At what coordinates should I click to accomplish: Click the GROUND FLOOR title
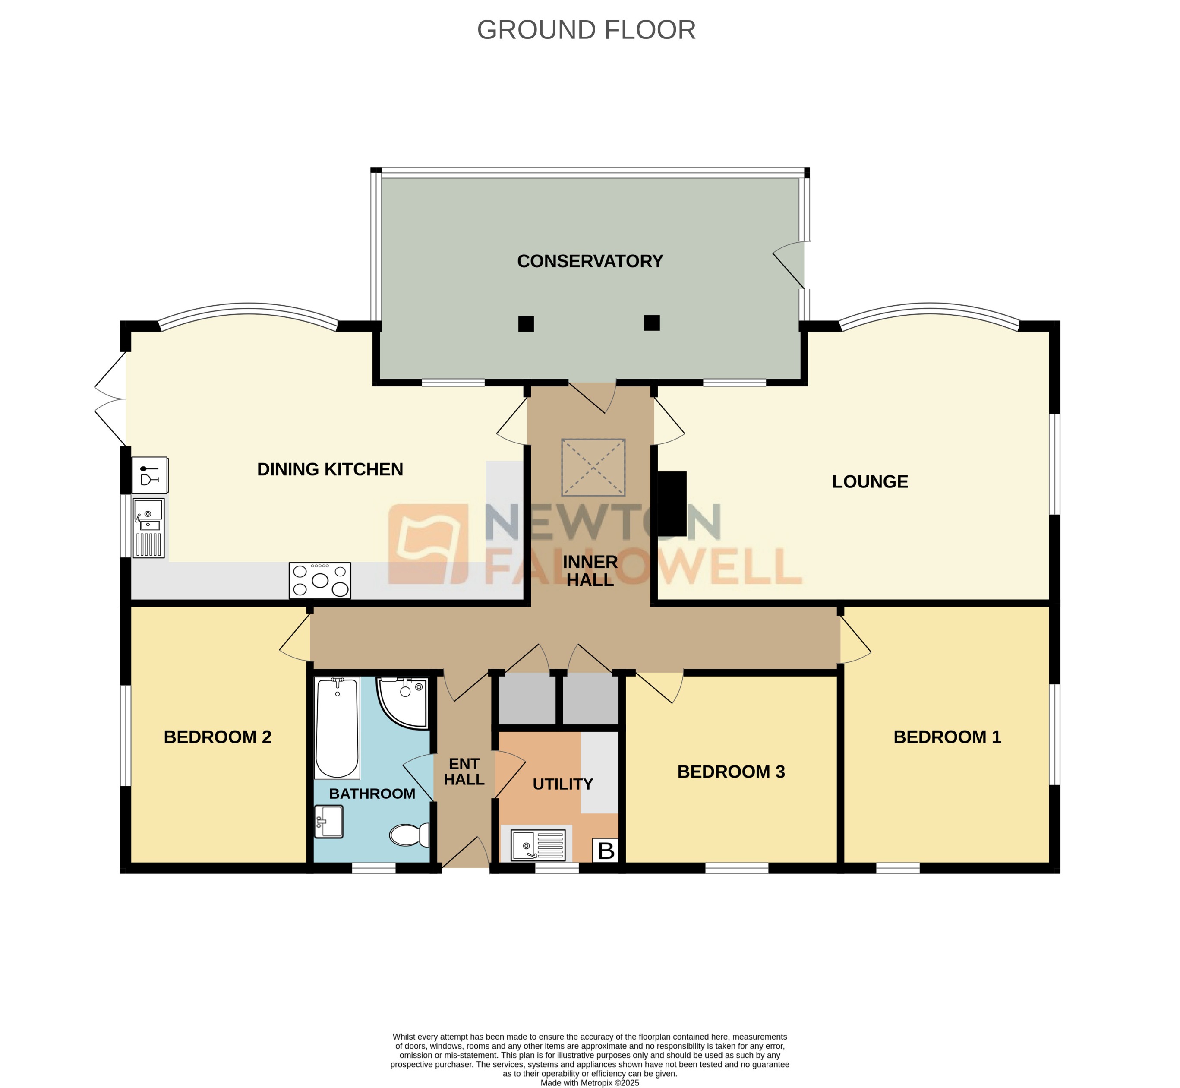pyautogui.click(x=586, y=30)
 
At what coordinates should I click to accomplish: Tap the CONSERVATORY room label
pyautogui.click(x=590, y=261)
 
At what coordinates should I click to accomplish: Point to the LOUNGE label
pyautogui.click(x=869, y=481)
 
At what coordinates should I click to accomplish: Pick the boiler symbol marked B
pyautogui.click(x=606, y=851)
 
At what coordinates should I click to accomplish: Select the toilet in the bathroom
pyautogui.click(x=409, y=835)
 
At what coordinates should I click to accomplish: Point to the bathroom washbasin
pyautogui.click(x=329, y=821)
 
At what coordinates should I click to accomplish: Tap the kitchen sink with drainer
pyautogui.click(x=148, y=528)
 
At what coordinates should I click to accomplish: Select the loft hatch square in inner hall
pyautogui.click(x=593, y=467)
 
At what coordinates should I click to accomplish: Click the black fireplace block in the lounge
pyautogui.click(x=672, y=503)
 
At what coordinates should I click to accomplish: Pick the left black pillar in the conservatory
pyautogui.click(x=526, y=324)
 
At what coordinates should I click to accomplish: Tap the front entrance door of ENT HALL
pyautogui.click(x=465, y=853)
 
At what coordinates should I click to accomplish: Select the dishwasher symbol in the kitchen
pyautogui.click(x=149, y=474)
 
